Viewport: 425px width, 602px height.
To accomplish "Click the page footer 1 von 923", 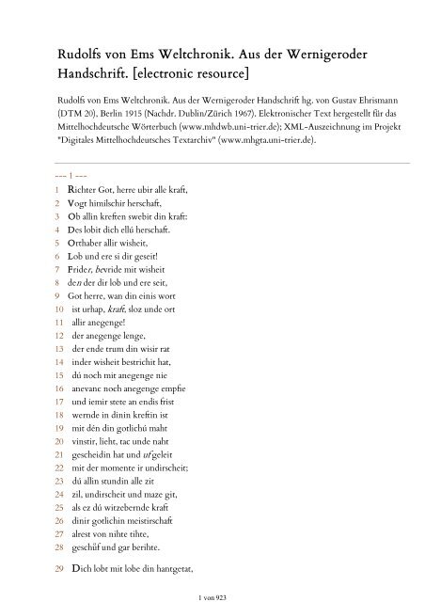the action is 212,596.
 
